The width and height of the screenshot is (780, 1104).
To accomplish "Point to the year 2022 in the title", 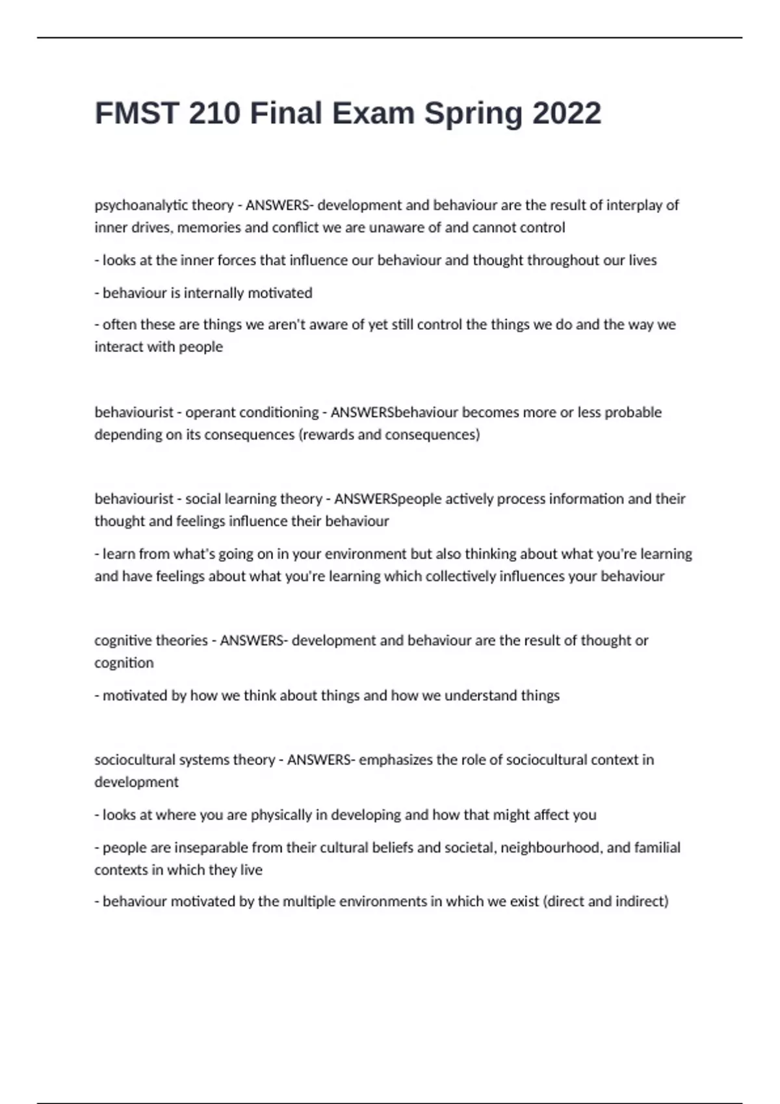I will [567, 114].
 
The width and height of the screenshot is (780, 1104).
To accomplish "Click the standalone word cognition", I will [124, 663].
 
